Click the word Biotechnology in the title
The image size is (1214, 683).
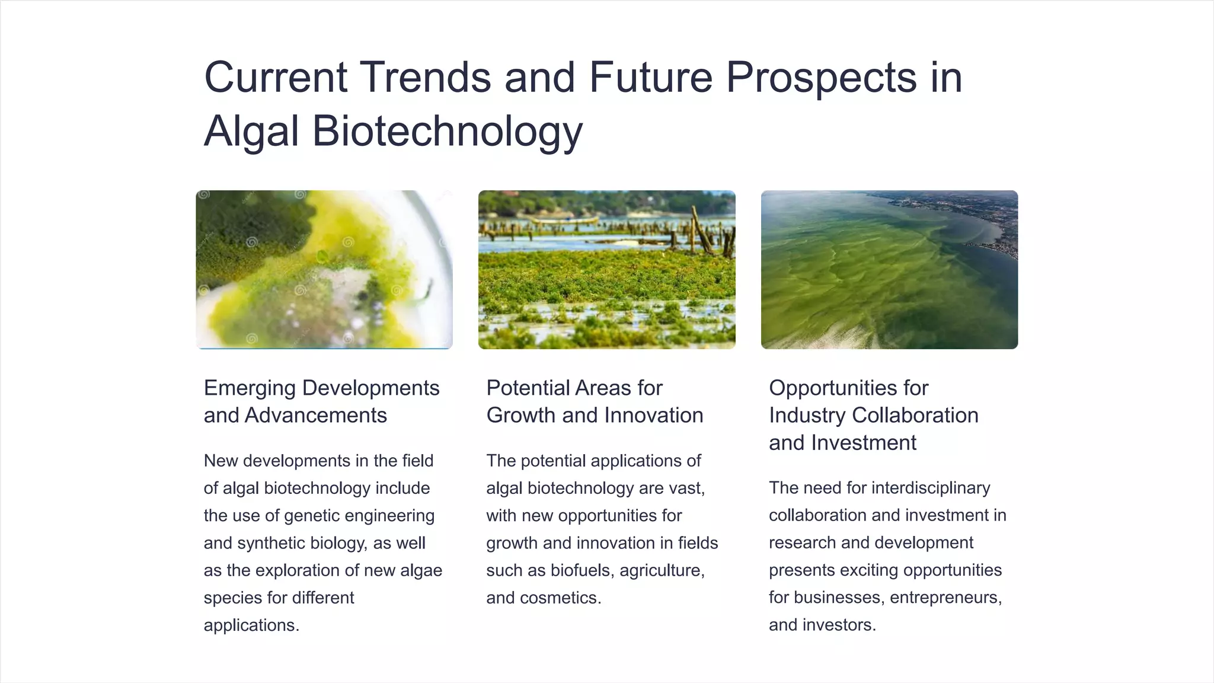(448, 131)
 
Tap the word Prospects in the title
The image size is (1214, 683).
(821, 77)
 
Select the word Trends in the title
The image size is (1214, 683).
(426, 77)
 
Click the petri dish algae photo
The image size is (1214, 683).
(324, 270)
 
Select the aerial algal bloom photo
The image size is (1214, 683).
(889, 270)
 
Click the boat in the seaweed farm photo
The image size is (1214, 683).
(563, 221)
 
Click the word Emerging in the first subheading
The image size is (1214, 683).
(250, 388)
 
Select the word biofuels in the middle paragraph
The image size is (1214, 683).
(583, 570)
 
